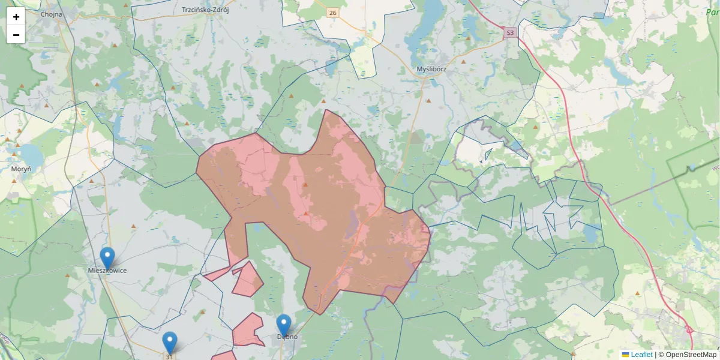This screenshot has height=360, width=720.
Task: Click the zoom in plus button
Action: point(16,17)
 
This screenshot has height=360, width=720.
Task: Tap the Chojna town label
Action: point(52,14)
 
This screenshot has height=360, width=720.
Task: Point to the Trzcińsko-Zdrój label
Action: point(206,10)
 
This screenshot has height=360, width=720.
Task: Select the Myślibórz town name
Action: point(431,69)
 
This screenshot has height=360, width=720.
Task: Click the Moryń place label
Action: point(21,169)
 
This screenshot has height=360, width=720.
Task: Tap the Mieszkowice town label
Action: point(107,271)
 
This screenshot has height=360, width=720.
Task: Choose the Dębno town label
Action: point(287,337)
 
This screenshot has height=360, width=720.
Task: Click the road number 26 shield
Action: point(333,13)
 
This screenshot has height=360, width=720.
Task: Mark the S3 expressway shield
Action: point(510,33)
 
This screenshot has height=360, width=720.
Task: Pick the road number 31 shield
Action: point(169,356)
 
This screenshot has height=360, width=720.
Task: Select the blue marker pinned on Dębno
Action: point(284,325)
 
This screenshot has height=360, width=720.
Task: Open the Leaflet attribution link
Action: point(641,355)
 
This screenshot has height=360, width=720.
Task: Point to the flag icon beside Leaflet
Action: point(626,355)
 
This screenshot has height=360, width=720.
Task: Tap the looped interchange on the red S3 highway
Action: point(689,329)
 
